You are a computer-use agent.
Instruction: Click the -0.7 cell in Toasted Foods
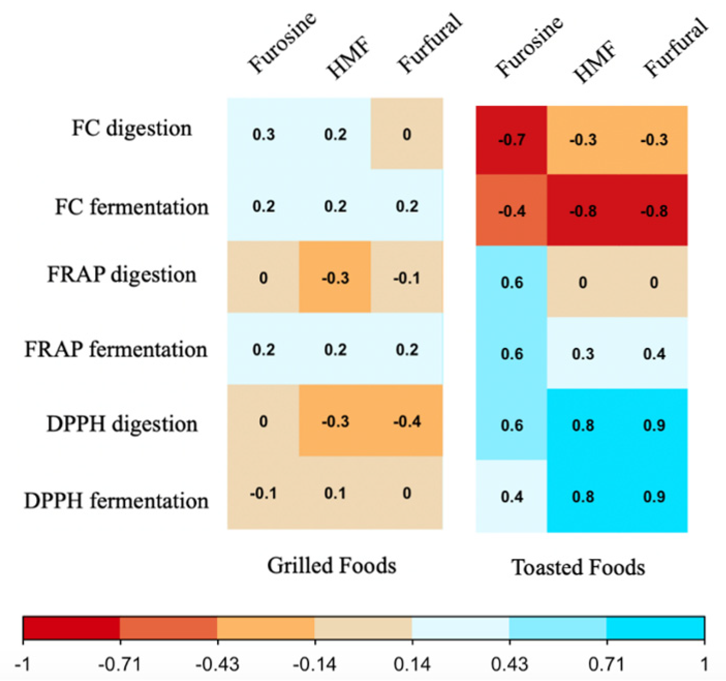pos(511,140)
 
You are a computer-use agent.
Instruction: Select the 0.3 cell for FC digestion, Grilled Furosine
pos(263,135)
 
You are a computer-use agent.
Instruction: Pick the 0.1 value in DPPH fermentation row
pos(335,493)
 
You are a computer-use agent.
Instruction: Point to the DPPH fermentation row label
pos(116,501)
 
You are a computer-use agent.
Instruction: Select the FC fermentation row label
pos(131,207)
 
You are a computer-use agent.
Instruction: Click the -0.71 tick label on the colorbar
pos(120,664)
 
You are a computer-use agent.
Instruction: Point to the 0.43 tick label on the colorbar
pos(509,664)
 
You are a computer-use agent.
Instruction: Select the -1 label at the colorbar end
pos(23,664)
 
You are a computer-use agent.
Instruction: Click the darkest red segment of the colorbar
pos(71,628)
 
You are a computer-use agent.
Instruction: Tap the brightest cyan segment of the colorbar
pos(655,628)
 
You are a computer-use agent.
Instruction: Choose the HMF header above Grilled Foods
pos(348,58)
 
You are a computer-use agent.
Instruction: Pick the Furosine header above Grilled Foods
pos(281,43)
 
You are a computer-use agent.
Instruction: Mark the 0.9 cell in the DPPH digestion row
pos(654,425)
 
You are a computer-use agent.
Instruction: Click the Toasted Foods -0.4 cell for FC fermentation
pos(511,211)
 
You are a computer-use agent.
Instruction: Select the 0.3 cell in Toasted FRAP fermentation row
pos(583,354)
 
